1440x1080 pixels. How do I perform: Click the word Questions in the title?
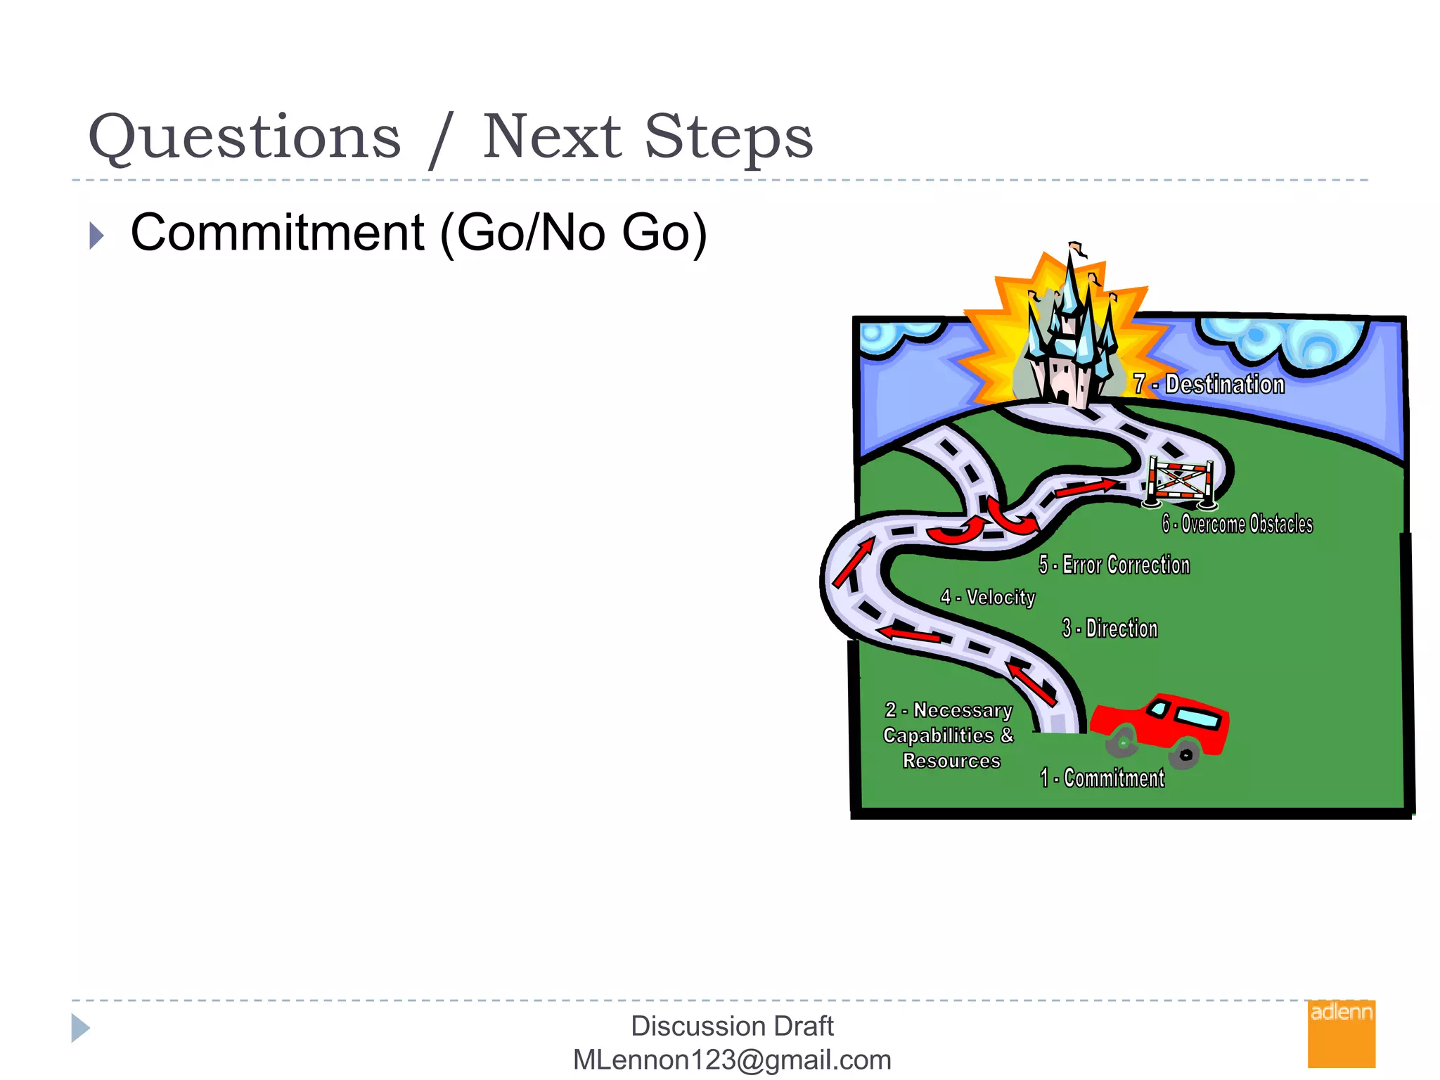(x=244, y=137)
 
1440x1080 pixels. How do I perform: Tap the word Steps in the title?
(x=728, y=137)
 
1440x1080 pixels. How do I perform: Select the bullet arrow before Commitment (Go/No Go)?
(x=97, y=236)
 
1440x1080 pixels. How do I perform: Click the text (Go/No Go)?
(x=573, y=233)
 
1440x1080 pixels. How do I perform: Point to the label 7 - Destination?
(x=1209, y=385)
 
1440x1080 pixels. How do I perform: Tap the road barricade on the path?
(x=1181, y=482)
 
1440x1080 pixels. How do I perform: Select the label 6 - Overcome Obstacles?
(x=1237, y=524)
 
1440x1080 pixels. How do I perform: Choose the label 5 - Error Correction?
(x=1114, y=565)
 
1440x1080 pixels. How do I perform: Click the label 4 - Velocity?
(x=988, y=597)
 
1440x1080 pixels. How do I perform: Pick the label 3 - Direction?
(x=1110, y=628)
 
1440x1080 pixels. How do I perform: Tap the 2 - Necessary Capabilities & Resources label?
(x=949, y=735)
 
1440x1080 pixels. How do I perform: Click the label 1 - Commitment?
(x=1102, y=778)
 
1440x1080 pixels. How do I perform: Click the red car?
(x=1167, y=724)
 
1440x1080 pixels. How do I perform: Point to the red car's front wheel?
(x=1122, y=742)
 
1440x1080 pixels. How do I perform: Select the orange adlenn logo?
(x=1341, y=1034)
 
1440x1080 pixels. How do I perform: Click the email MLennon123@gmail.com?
(x=732, y=1060)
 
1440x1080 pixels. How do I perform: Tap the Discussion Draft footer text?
(x=732, y=1026)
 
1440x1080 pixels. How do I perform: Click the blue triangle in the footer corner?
(x=79, y=1028)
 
